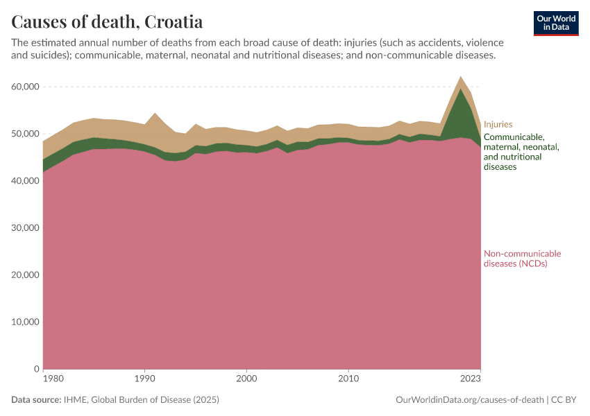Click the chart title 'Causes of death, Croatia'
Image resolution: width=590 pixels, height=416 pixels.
click(108, 21)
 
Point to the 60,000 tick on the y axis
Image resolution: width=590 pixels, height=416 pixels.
click(24, 87)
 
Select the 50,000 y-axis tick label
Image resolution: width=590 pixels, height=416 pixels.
click(24, 134)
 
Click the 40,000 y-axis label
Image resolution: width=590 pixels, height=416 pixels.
click(24, 181)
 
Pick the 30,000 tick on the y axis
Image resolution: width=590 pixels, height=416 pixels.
click(24, 228)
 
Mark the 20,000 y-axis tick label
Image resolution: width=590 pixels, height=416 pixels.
click(24, 275)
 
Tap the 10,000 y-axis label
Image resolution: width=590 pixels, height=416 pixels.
click(24, 322)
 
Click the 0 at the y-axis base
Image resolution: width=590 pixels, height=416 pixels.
click(35, 370)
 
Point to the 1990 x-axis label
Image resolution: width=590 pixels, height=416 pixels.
click(144, 379)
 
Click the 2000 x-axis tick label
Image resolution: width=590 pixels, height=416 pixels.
click(246, 379)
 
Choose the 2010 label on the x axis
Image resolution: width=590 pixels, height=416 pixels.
click(348, 379)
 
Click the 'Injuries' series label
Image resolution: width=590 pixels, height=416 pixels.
click(498, 125)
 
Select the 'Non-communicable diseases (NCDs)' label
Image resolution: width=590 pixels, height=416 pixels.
click(522, 259)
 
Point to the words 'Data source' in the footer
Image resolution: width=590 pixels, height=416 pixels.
click(35, 400)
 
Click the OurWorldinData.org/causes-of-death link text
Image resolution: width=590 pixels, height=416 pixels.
click(469, 400)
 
